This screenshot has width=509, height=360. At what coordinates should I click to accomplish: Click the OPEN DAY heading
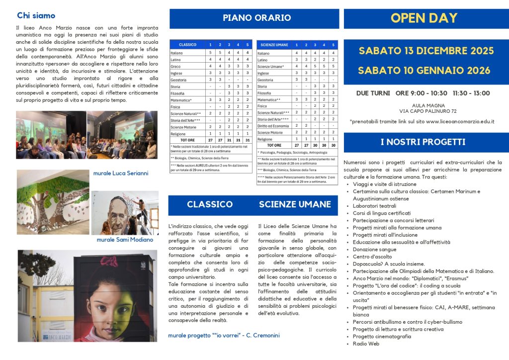point(424,18)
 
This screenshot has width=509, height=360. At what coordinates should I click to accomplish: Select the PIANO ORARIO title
point(256,18)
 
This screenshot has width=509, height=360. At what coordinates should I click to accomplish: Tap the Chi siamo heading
point(36,15)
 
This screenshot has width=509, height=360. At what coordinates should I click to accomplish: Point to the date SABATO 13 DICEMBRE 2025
point(426,51)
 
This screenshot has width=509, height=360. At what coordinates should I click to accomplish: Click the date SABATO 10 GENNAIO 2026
point(424,70)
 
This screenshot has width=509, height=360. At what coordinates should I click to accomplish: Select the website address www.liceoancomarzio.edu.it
point(460,121)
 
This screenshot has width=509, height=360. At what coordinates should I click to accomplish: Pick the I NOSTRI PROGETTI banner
point(423,142)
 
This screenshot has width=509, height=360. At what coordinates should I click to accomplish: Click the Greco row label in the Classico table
point(175,66)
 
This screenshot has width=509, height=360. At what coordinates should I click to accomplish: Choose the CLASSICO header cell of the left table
point(187,45)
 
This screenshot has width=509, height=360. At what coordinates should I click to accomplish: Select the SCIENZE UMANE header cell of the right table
point(273,45)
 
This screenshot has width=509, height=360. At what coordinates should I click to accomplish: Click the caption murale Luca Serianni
point(120,174)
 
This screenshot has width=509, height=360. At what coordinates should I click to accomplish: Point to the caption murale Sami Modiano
point(125,240)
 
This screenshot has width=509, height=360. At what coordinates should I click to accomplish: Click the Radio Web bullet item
point(366,344)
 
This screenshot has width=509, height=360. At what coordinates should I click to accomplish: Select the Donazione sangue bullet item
point(374,250)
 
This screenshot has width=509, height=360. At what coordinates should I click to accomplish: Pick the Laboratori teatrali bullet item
point(374,206)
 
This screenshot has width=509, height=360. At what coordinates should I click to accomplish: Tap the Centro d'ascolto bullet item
point(372,257)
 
